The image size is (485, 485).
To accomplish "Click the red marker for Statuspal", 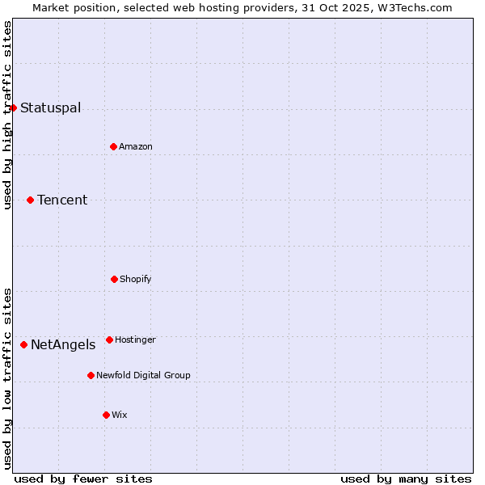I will (x=13, y=108).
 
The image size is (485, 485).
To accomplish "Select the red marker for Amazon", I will (x=113, y=146).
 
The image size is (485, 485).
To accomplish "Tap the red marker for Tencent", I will (x=30, y=200).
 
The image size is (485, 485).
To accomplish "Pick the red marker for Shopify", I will (x=114, y=279).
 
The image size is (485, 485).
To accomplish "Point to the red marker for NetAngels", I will (x=23, y=344).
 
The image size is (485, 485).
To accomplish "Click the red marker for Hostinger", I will (x=109, y=339).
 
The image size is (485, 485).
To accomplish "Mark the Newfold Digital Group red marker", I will (x=91, y=375).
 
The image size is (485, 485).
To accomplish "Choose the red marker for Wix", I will (x=106, y=415).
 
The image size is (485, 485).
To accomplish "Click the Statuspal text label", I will (x=50, y=108).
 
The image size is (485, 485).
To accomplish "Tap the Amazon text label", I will (x=136, y=147).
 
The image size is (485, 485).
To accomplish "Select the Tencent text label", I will (x=62, y=200).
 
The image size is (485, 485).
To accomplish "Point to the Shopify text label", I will (x=136, y=280).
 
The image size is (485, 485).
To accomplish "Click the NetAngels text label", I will (x=63, y=345).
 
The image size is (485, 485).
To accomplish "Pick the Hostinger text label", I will (x=135, y=340).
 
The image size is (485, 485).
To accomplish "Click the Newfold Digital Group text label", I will (x=143, y=376).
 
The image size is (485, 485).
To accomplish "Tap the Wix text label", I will (x=120, y=415).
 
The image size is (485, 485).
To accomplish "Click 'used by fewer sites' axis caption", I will (x=83, y=479).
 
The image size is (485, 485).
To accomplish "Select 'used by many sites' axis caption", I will (x=406, y=479).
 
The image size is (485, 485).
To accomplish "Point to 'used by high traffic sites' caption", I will (x=7, y=116).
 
